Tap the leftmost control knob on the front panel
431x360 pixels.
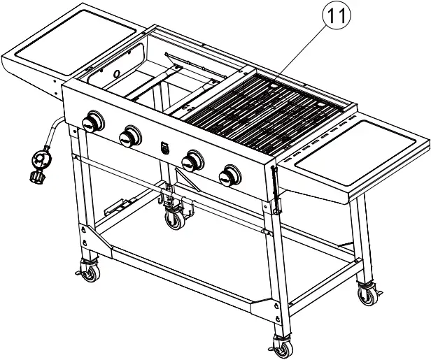pos(92,123)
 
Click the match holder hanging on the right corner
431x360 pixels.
pos(276,189)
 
